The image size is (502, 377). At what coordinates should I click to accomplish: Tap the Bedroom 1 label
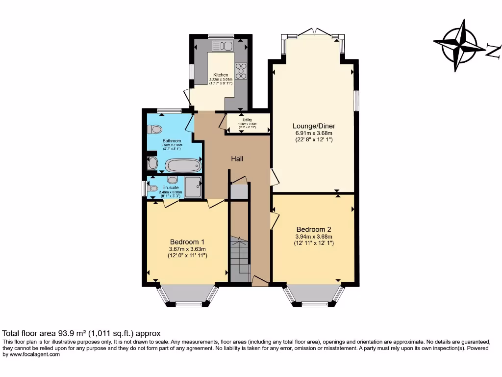pyautogui.click(x=187, y=242)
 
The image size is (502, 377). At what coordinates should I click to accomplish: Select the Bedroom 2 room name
pyautogui.click(x=314, y=229)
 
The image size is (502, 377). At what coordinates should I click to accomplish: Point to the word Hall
pyautogui.click(x=237, y=159)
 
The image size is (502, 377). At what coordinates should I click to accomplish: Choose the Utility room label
pyautogui.click(x=247, y=120)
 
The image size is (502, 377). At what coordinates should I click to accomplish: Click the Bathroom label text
pyautogui.click(x=172, y=141)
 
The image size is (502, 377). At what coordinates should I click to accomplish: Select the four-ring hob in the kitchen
pyautogui.click(x=241, y=71)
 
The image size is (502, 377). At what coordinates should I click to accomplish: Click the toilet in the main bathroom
pyautogui.click(x=155, y=129)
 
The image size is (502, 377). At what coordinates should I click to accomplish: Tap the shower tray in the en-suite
pyautogui.click(x=192, y=187)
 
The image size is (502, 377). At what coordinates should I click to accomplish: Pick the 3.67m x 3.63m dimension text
pyautogui.click(x=187, y=249)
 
